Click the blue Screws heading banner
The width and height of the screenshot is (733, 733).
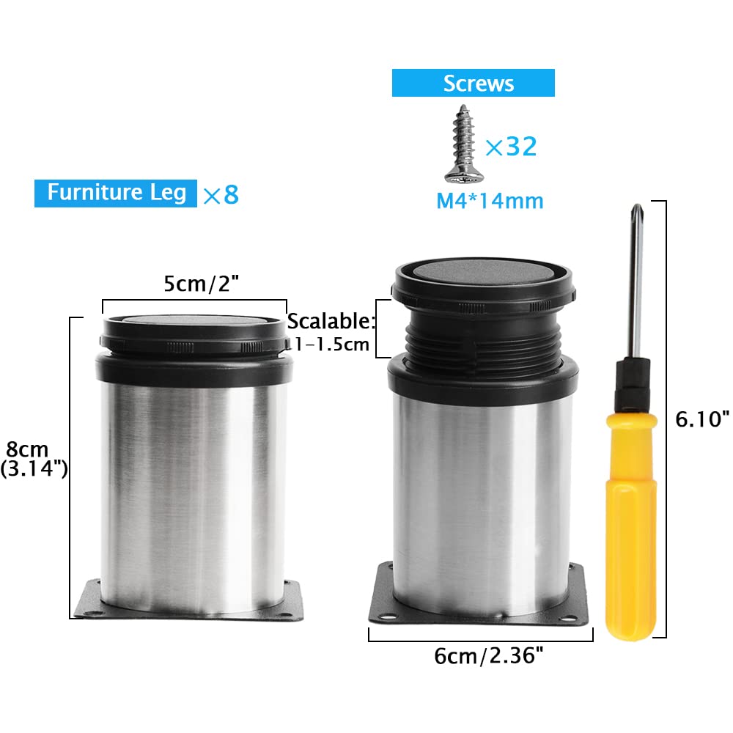pyautogui.click(x=473, y=83)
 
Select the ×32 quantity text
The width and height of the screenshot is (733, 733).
pyautogui.click(x=511, y=147)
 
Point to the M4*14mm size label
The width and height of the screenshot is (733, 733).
pyautogui.click(x=490, y=201)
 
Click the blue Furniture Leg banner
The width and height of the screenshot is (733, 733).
pyautogui.click(x=116, y=193)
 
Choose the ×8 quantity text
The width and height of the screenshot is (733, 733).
pyautogui.click(x=221, y=194)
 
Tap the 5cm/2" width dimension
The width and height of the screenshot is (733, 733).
pyautogui.click(x=201, y=283)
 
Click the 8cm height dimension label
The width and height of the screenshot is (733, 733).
pyautogui.click(x=27, y=449)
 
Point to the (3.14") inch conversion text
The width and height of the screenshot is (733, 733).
pyautogui.click(x=34, y=468)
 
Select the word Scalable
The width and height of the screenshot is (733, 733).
pyautogui.click(x=331, y=321)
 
